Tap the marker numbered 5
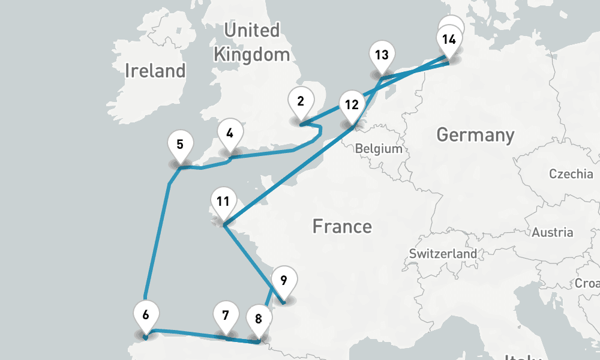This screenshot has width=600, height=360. tap(180, 145)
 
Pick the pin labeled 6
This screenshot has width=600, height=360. tap(145, 314)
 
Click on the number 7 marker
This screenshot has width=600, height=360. tap(226, 316)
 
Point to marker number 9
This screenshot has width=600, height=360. tap(284, 281)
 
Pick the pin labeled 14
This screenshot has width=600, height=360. tap(449, 41)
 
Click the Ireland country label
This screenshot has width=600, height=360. tap(155, 71)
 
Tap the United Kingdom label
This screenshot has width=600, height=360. tap(251, 42)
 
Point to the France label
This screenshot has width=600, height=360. tap(342, 227)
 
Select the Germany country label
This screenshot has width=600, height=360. tap(475, 135)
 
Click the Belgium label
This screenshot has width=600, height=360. tap(378, 149)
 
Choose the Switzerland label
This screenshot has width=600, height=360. tap(443, 254)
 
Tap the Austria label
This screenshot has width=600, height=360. tap(553, 232)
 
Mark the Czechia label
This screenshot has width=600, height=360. tap(571, 175)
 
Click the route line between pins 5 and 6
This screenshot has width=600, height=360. tap(157, 240)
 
